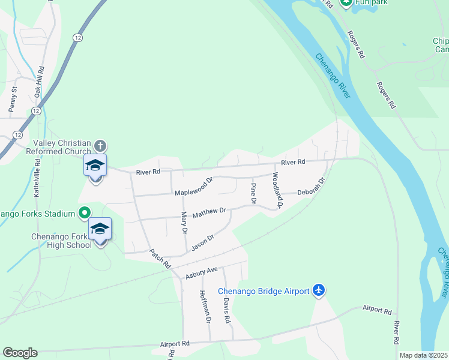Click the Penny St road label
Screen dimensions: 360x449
(13, 100)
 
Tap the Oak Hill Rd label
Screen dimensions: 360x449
(38, 83)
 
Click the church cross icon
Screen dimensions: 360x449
(100, 145)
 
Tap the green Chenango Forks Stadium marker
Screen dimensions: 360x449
(85, 213)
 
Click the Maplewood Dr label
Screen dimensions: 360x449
(194, 187)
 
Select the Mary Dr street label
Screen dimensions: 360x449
(184, 222)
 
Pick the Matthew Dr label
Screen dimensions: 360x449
(208, 211)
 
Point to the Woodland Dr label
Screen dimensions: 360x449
(277, 191)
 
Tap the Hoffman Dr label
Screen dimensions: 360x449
(204, 307)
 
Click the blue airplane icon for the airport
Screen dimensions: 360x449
(319, 291)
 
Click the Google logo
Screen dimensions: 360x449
(20, 353)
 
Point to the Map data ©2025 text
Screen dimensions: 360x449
(423, 355)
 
